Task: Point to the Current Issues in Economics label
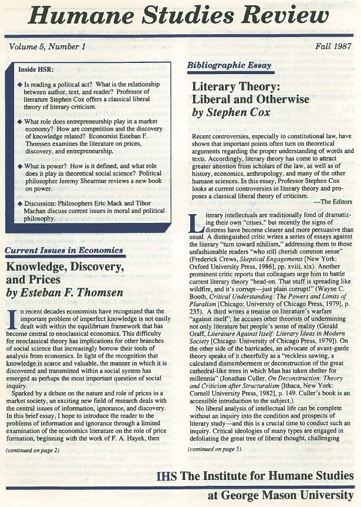65,251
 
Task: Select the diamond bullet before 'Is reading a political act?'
20,85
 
